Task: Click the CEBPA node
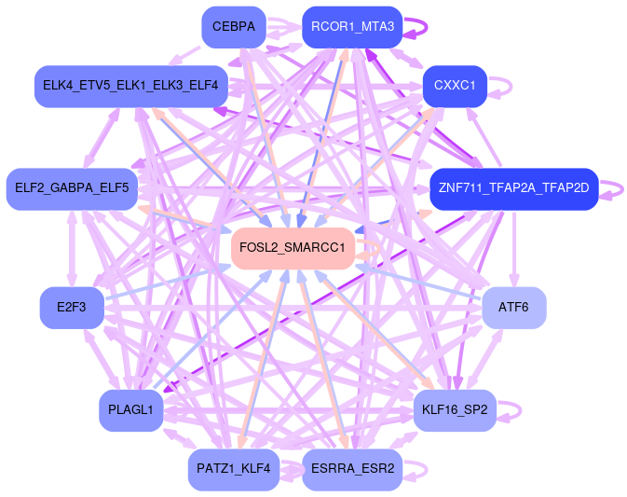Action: pyautogui.click(x=233, y=26)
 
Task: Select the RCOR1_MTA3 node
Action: pyautogui.click(x=352, y=27)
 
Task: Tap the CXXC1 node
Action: pyautogui.click(x=455, y=86)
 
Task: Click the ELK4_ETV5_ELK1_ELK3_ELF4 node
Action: pyautogui.click(x=130, y=86)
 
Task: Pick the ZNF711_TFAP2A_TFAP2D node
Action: pyautogui.click(x=513, y=188)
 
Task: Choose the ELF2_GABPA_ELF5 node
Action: pyautogui.click(x=72, y=188)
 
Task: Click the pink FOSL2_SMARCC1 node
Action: pyautogui.click(x=293, y=248)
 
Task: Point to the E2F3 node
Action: pyautogui.click(x=71, y=308)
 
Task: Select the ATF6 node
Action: pyautogui.click(x=513, y=308)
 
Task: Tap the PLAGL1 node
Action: pyautogui.click(x=130, y=410)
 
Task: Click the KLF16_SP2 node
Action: pyautogui.click(x=455, y=410)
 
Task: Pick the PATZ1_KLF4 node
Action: pyautogui.click(x=233, y=468)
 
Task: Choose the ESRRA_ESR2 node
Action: pyautogui.click(x=352, y=468)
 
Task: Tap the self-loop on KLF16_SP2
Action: pyautogui.click(x=519, y=410)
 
